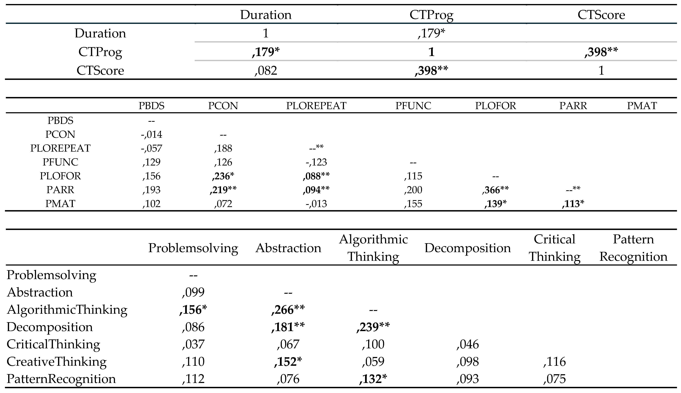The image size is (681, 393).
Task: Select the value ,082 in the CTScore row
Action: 266,71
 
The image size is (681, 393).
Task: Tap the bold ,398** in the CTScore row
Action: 431,71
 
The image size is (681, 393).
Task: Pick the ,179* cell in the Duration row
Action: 431,33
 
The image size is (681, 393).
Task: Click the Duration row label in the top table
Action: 100,33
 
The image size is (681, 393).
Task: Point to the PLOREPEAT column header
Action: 316,106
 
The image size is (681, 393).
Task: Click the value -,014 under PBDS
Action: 151,134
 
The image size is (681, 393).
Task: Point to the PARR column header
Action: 573,106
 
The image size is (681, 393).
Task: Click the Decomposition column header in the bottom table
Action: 468,248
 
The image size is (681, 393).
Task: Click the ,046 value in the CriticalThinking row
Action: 468,344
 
